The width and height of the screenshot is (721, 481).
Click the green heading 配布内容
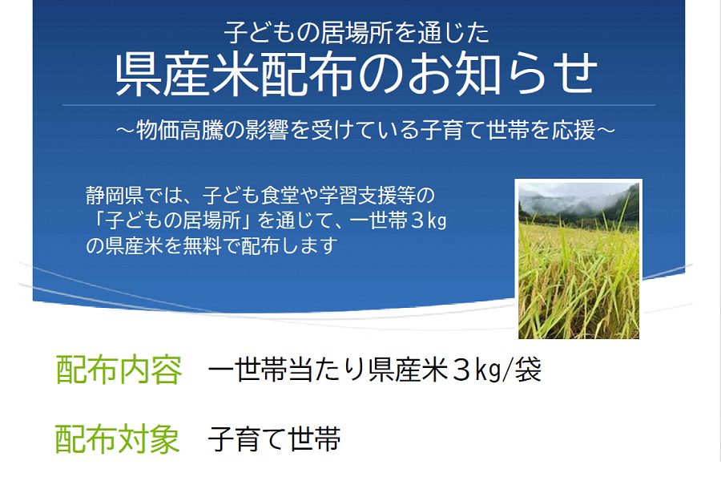119,370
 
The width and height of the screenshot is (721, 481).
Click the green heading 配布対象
117,439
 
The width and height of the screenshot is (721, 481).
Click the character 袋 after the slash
529,370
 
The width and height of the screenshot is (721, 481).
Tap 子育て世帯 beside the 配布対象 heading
274,439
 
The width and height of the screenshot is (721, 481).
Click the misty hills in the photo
578,203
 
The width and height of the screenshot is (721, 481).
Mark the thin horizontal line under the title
359,105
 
